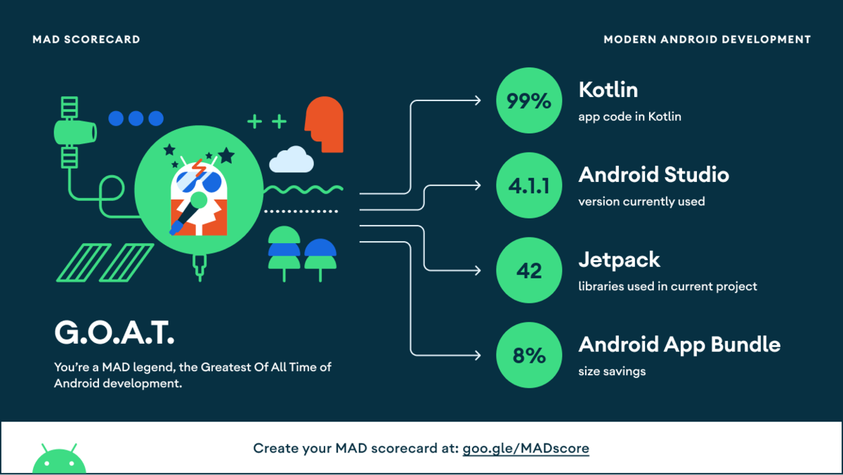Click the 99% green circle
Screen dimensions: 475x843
(x=529, y=101)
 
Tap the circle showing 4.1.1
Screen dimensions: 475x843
(x=529, y=186)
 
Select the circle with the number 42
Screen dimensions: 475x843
(x=529, y=271)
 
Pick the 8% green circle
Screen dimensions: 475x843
(x=529, y=355)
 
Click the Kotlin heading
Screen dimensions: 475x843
(x=608, y=90)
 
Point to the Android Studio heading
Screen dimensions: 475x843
(x=653, y=174)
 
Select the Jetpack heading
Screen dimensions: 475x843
(x=619, y=260)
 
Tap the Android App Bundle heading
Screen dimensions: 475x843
(x=679, y=344)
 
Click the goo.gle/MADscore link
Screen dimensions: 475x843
(x=525, y=448)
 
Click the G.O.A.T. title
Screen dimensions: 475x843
(x=114, y=333)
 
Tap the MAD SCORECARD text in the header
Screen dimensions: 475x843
(x=86, y=39)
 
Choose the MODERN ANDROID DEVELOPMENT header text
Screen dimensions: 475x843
(x=707, y=39)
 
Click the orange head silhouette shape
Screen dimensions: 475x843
(x=325, y=125)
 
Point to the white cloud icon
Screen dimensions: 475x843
(x=292, y=160)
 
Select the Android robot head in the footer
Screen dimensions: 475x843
(x=59, y=460)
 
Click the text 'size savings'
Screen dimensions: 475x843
(x=611, y=371)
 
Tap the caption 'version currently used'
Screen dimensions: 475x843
(x=641, y=202)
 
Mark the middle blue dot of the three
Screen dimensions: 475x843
(x=136, y=118)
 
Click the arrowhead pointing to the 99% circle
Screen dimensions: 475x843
(x=478, y=100)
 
